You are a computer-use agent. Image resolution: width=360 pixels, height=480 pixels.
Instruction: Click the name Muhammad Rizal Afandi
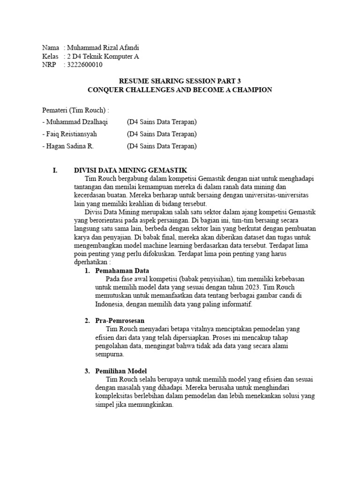pos(103,48)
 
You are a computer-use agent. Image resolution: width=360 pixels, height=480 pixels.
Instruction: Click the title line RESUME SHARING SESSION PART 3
pos(180,81)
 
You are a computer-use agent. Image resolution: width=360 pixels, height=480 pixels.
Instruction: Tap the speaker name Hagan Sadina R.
pos(70,146)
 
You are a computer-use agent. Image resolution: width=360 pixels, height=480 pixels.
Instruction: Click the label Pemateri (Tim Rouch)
pos(75,110)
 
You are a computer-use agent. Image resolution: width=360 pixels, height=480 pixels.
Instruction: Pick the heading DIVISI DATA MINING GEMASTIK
pos(131,171)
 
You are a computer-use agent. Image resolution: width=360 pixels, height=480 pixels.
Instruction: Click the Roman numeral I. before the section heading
pos(55,171)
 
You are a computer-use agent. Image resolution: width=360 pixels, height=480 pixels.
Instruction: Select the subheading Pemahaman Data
pos(122,270)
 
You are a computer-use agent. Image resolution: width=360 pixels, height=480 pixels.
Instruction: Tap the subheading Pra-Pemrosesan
pos(120,321)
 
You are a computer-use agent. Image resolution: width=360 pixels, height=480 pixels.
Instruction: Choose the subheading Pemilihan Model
pos(121,371)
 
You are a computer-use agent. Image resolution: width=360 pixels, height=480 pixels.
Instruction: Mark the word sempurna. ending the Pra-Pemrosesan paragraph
pos(109,354)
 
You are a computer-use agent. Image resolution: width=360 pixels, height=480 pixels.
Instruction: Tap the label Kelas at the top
pos(50,56)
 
